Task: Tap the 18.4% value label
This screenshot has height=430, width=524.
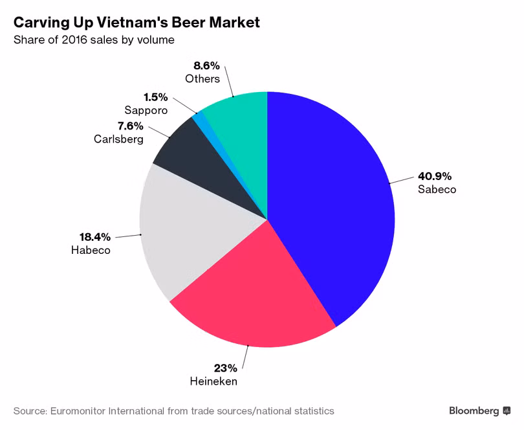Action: pyautogui.click(x=94, y=236)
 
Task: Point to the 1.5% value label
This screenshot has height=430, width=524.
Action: pyautogui.click(x=155, y=97)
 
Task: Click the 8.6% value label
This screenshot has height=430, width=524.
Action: pyautogui.click(x=206, y=65)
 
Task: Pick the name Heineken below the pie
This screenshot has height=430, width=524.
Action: pyautogui.click(x=213, y=381)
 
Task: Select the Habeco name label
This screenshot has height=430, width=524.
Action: pyautogui.click(x=91, y=250)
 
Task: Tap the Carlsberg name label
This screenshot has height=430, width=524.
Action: pyautogui.click(x=118, y=139)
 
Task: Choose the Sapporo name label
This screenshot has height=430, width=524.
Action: pyautogui.click(x=146, y=110)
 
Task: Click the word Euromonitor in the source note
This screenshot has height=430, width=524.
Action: pyautogui.click(x=77, y=411)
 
